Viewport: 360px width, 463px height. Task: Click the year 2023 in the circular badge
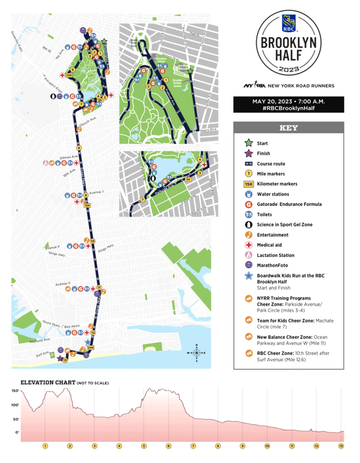click(289, 70)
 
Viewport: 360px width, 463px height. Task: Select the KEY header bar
click(289, 129)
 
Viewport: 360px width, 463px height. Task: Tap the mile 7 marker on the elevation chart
click(193, 446)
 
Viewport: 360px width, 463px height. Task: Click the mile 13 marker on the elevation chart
click(341, 446)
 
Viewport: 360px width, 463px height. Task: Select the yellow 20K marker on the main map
click(91, 347)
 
